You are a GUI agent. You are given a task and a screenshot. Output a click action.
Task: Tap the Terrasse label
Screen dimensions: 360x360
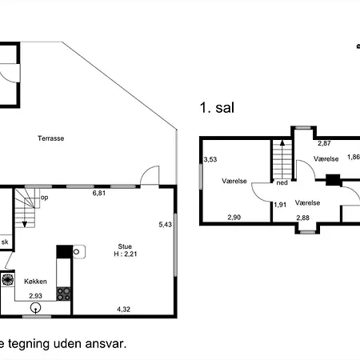(x=50, y=138)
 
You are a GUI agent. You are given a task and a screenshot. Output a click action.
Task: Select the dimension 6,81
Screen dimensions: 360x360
(x=99, y=194)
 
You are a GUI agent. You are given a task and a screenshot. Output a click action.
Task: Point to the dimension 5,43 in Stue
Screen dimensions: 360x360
(x=165, y=224)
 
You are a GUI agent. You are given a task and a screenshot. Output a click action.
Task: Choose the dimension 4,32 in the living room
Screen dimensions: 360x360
(x=124, y=308)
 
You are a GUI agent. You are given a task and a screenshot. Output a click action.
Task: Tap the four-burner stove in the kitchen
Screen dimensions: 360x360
(x=64, y=293)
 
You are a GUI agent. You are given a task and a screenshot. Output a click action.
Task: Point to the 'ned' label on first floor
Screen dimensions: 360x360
(x=281, y=182)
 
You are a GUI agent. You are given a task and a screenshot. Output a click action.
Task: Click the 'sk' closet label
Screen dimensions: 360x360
(x=5, y=242)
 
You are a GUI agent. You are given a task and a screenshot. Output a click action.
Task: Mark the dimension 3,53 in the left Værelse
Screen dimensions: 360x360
(x=210, y=160)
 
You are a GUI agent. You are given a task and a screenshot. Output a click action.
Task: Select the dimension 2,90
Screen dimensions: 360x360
(x=234, y=218)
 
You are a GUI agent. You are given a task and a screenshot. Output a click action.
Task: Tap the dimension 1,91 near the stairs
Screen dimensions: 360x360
(x=280, y=205)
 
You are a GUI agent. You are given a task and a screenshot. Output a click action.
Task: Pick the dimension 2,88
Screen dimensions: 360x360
(x=303, y=218)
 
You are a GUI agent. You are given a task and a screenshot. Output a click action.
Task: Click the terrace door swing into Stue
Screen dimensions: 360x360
(x=149, y=176)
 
